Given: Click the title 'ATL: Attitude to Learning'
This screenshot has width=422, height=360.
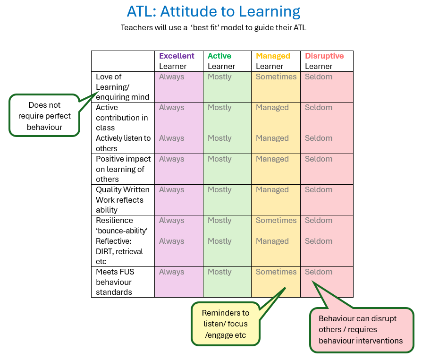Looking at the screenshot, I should coord(213,11).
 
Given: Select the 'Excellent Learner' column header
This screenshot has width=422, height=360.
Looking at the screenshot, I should coord(177,61).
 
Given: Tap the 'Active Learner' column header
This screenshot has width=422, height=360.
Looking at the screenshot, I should coord(221,61).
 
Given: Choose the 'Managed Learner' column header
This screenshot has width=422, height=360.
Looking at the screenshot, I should coord(273,61).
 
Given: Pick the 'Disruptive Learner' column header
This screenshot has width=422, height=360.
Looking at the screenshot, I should coord(324,61).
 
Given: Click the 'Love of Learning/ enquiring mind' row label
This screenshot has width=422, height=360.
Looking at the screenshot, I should coord(122,87).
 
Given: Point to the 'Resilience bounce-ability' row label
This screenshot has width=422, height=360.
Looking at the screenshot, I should coord(122,225).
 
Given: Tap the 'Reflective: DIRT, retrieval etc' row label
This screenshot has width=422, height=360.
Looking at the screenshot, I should coord(119,251).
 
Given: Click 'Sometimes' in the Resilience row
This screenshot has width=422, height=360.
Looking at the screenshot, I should coord(276,221).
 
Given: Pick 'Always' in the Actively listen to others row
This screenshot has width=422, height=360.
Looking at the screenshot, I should coord(171,138).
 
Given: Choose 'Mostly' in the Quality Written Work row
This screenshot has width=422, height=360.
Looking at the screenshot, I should coord(219,190).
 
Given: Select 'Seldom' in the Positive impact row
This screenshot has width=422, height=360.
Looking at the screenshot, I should coord(318,159).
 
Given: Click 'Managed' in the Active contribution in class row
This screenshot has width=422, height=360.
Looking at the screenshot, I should coord(272,108).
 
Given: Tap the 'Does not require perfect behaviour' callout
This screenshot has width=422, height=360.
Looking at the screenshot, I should coord(44,116).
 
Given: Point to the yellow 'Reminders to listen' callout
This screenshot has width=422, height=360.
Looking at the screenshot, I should coord(226,324).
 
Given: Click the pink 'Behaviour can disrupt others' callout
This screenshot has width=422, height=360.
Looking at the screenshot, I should coord(361,330).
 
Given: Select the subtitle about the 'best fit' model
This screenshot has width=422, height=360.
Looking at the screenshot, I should coord(213,27).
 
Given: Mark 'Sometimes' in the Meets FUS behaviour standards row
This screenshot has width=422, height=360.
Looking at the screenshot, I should coord(276,272).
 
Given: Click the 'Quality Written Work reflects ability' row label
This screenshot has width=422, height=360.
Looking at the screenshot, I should coord(122,200).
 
